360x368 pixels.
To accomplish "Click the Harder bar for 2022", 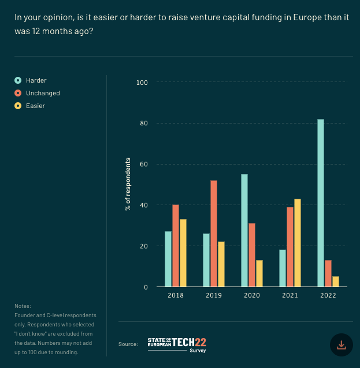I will pos(321,203).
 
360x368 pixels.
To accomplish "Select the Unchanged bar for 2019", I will pos(214,233).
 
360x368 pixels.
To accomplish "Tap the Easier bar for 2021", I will pos(298,243).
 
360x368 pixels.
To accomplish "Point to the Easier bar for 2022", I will pos(336,281).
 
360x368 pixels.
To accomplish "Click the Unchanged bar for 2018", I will pos(176,246).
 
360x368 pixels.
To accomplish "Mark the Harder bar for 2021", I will pos(283,268).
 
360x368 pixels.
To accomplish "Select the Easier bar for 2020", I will pos(259,273).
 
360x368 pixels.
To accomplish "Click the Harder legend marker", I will pos(18,80).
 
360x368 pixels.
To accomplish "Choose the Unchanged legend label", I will pos(43,93).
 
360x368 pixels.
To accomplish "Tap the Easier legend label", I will pos(35,106).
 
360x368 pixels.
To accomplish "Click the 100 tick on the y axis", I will pos(142,83).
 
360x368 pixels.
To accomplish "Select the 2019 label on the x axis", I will pos(214,295).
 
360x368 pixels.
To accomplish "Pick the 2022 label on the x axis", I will pos(328,295).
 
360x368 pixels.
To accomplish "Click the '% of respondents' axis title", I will pos(128,184).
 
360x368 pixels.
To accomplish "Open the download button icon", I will pos(341,345).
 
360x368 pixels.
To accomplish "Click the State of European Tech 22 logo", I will pos(177,345).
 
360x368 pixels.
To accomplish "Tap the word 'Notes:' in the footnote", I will pos(23,306).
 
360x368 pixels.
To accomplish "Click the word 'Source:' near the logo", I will pos(128,344).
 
